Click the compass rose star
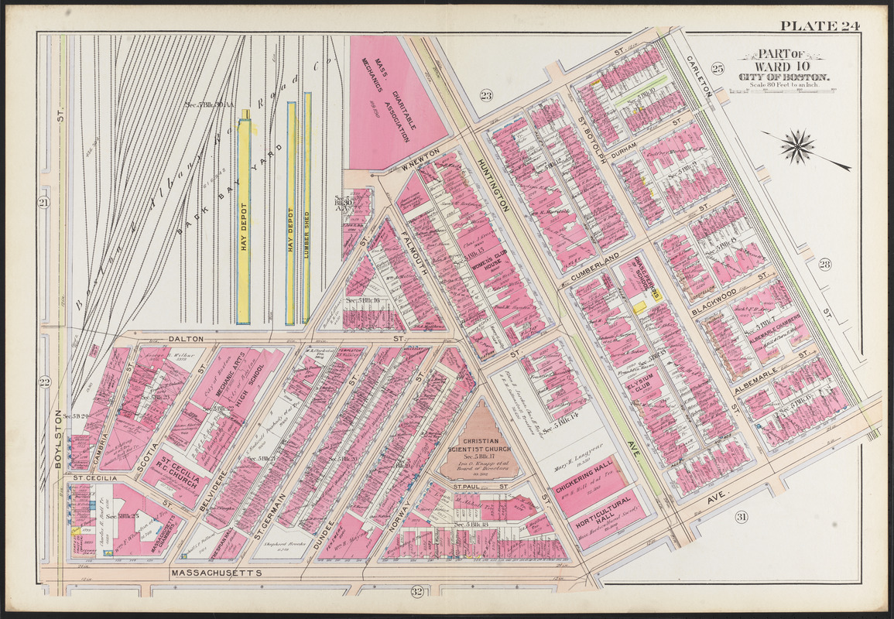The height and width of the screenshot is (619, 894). (x=799, y=147)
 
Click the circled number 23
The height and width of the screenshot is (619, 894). (x=486, y=96)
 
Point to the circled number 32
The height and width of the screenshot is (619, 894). (x=416, y=593)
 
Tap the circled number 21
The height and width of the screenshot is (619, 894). (x=44, y=203)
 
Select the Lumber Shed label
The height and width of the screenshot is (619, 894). (x=307, y=224)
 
